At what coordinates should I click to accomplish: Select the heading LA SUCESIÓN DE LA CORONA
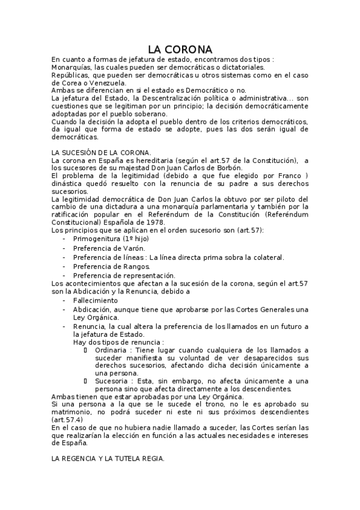(101, 152)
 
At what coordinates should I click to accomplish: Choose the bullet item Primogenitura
(100, 238)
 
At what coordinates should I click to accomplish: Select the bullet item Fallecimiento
(96, 300)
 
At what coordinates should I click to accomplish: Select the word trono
(189, 404)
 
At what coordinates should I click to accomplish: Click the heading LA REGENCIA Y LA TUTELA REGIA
(108, 458)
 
